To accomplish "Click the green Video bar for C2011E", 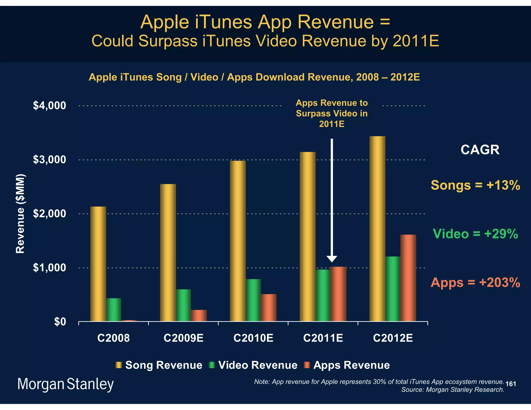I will point(323,295).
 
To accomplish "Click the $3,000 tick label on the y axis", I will point(50,160).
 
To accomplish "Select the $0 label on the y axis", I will point(60,322).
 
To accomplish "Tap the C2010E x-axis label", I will point(253,338).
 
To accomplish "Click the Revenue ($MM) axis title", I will point(20,214).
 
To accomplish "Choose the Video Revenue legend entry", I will point(253,365).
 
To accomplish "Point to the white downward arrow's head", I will point(332,259).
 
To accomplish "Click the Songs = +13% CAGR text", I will point(475,185).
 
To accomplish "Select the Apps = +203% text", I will point(475,282).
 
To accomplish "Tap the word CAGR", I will point(480,150).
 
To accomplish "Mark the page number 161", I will point(511,384).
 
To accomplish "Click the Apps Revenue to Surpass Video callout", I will point(332,113).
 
